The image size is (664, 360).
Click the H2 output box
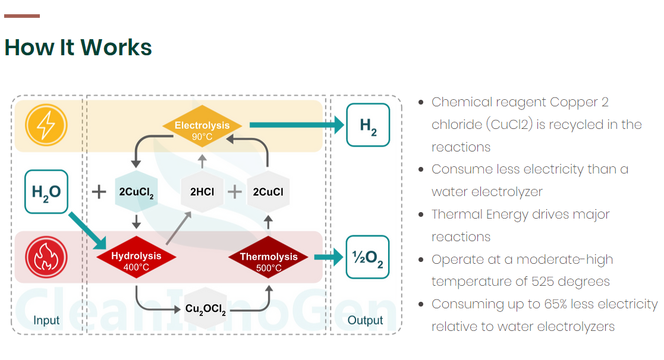[x=368, y=125]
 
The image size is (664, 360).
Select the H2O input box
[x=46, y=191]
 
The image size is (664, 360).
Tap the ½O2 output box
[x=367, y=257]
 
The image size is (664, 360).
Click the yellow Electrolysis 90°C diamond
[x=202, y=126]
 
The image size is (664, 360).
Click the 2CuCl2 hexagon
[x=136, y=192]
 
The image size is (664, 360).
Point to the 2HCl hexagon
[x=202, y=192]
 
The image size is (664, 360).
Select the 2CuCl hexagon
[x=268, y=192]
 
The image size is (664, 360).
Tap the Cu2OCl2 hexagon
[x=202, y=309]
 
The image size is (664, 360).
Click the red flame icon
[x=46, y=257]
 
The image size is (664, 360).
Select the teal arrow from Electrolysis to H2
[x=296, y=125]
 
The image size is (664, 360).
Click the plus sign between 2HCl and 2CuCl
[x=235, y=192]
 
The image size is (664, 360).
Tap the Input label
[x=46, y=320]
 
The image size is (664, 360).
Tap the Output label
[x=365, y=320]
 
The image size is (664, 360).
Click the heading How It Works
[x=78, y=47]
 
